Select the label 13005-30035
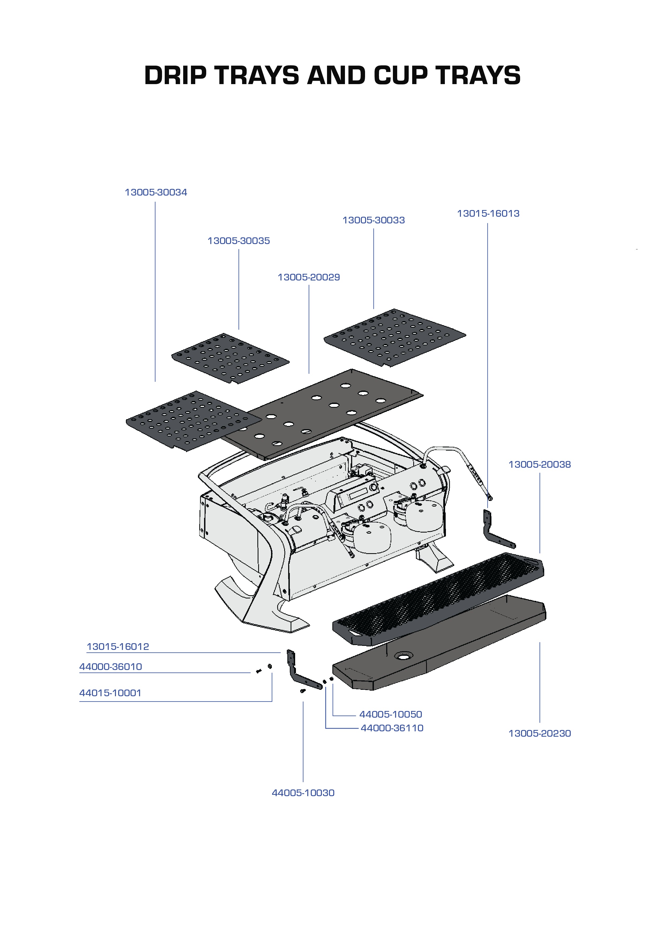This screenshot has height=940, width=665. click(239, 241)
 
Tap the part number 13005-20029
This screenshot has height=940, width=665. click(309, 277)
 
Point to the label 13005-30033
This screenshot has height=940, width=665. click(373, 220)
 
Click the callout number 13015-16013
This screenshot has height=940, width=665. click(488, 214)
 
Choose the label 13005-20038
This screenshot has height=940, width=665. click(539, 465)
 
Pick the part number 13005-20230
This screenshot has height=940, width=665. click(539, 733)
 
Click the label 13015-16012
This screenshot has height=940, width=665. click(118, 647)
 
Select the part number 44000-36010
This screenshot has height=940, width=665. click(111, 666)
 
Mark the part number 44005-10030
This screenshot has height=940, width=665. click(303, 793)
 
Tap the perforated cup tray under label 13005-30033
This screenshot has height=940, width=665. click(394, 337)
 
